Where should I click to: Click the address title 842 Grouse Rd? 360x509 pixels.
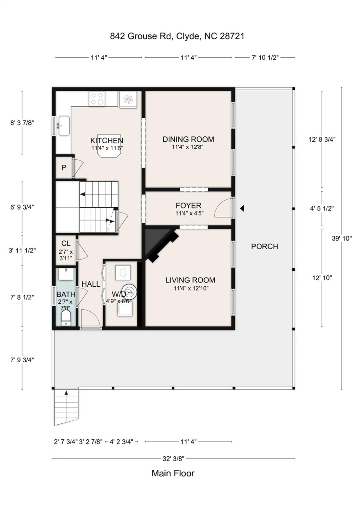pyautogui.click(x=177, y=36)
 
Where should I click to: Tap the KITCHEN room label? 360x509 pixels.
pyautogui.click(x=107, y=141)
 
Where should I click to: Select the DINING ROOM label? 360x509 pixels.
pyautogui.click(x=188, y=139)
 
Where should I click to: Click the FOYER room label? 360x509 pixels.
pyautogui.click(x=188, y=206)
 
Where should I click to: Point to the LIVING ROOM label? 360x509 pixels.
pyautogui.click(x=190, y=280)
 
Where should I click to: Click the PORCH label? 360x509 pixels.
pyautogui.click(x=265, y=247)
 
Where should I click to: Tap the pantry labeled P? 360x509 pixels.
pyautogui.click(x=64, y=168)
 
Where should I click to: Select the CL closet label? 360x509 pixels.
pyautogui.click(x=66, y=244)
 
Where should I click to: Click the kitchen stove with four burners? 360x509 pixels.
pyautogui.click(x=97, y=99)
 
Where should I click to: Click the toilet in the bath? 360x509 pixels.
pyautogui.click(x=66, y=318)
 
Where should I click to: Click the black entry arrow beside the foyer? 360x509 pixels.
pyautogui.click(x=242, y=209)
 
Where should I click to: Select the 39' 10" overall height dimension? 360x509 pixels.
pyautogui.click(x=342, y=238)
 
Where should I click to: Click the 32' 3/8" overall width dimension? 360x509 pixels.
pyautogui.click(x=173, y=459)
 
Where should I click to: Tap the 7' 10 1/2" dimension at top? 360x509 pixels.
pyautogui.click(x=265, y=58)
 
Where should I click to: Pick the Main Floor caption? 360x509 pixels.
pyautogui.click(x=173, y=473)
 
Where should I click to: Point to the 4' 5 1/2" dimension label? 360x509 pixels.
pyautogui.click(x=322, y=209)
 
